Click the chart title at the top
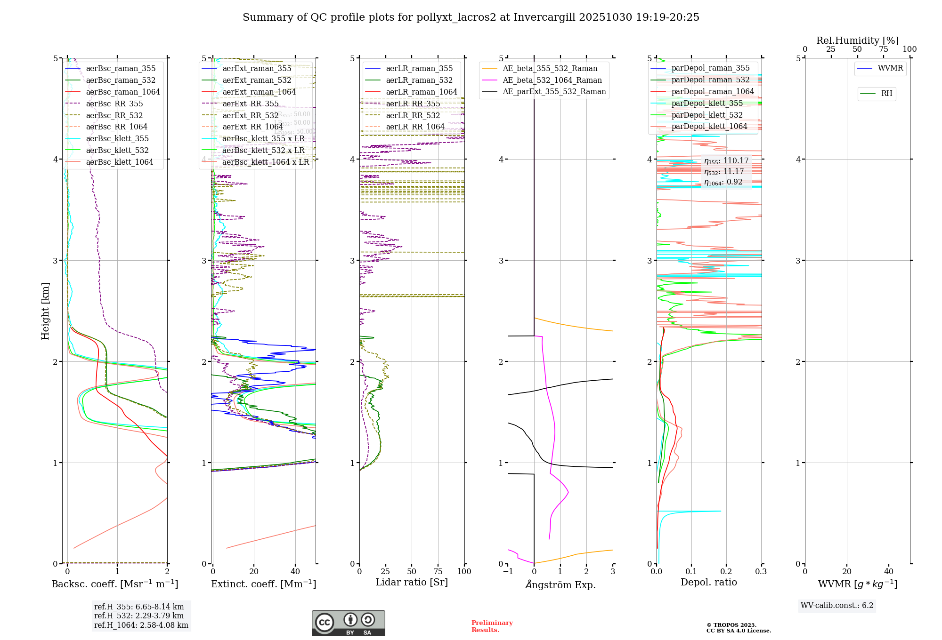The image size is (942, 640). [471, 17]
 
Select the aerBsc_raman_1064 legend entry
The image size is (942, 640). [122, 92]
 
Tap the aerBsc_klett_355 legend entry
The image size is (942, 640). [117, 139]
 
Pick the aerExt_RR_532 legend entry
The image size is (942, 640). [250, 115]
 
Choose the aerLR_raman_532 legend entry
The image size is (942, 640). [419, 80]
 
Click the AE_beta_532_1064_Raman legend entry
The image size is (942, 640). [552, 80]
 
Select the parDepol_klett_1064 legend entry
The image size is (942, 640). [709, 127]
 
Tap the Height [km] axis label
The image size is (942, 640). [45, 311]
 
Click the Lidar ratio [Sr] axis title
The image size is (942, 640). [411, 582]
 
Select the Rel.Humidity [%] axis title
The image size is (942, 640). [857, 40]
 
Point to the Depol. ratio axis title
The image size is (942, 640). [708, 582]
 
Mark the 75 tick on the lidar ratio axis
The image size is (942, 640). [438, 571]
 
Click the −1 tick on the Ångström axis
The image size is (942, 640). [508, 571]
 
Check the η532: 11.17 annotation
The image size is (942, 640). [724, 172]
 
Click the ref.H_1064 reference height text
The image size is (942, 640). [141, 625]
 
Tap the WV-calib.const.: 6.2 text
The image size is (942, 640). [837, 605]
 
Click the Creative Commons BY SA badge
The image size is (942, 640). [348, 623]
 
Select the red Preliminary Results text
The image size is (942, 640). [492, 626]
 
